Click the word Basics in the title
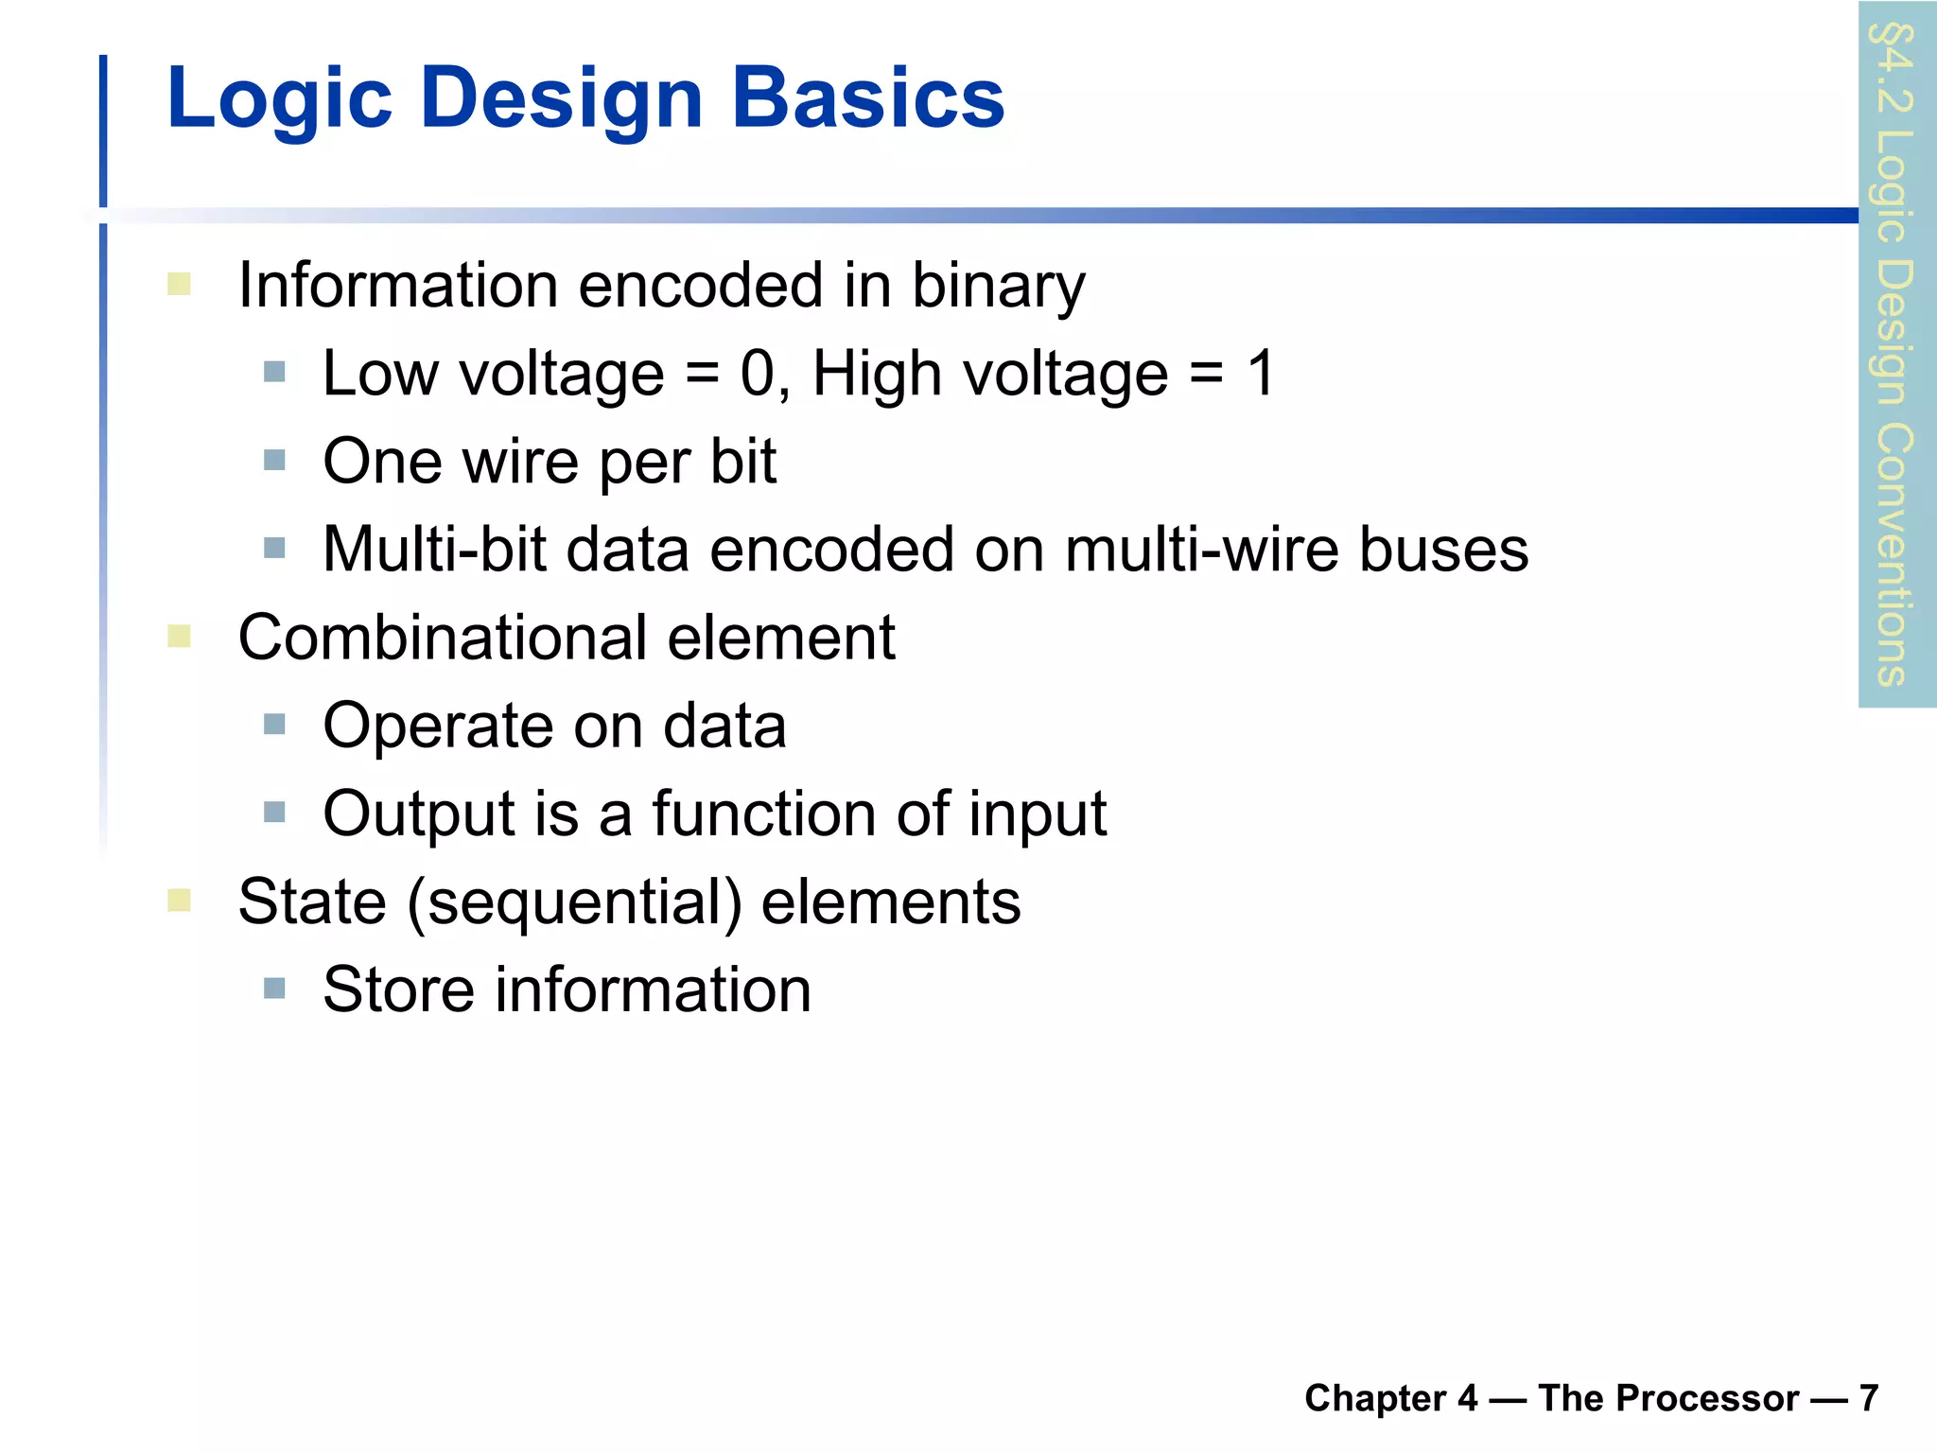[x=867, y=98]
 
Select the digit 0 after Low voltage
[x=758, y=373]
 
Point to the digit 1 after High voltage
[x=1261, y=373]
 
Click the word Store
[x=397, y=989]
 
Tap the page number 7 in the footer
[x=1868, y=1397]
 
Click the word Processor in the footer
[x=1667, y=1397]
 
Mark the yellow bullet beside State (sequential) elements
[x=179, y=900]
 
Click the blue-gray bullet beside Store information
[x=274, y=989]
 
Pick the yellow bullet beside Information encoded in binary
[x=179, y=284]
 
